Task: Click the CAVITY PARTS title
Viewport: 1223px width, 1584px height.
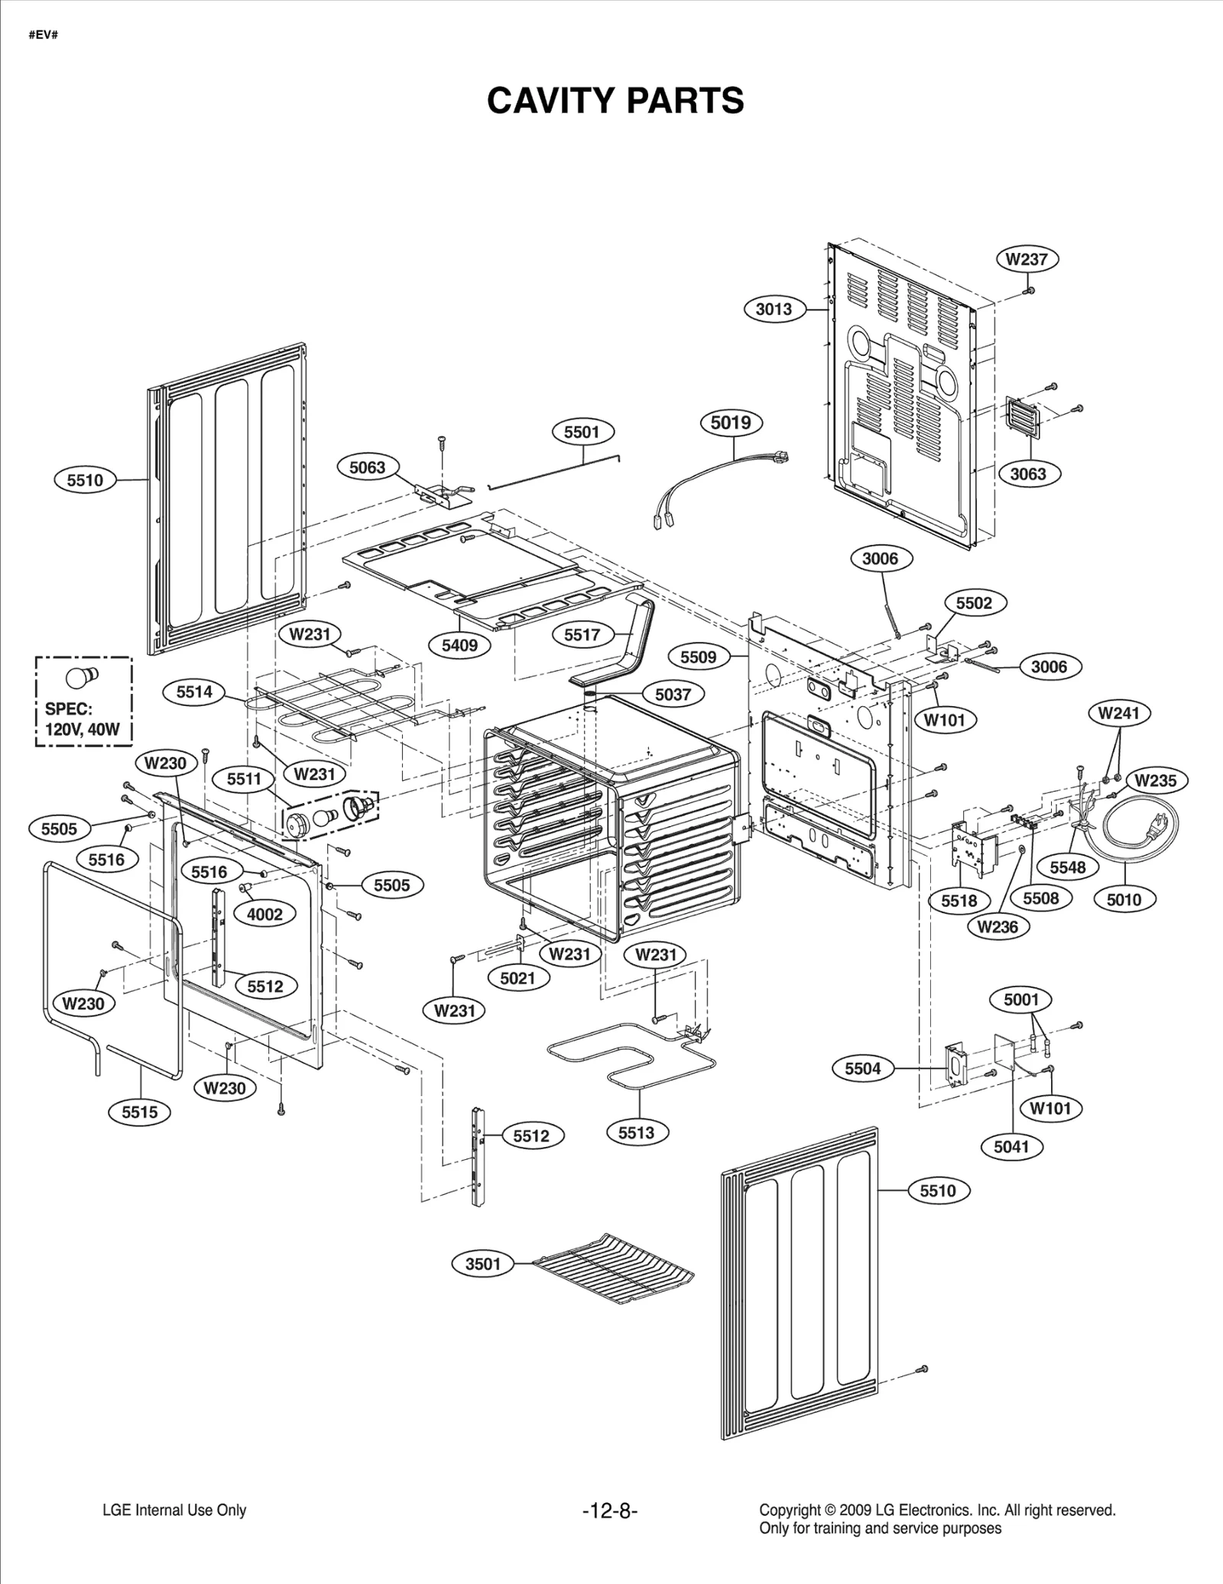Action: click(615, 101)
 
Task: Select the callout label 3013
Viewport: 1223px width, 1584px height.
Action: click(774, 309)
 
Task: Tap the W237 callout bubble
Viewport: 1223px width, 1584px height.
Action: click(1027, 259)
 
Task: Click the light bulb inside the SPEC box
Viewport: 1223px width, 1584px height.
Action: click(81, 677)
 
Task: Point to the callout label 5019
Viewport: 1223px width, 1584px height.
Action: click(731, 423)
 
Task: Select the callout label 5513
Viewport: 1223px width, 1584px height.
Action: click(637, 1132)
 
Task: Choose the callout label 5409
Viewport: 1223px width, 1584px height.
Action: click(459, 645)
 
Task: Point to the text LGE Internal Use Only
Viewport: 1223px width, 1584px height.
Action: click(174, 1510)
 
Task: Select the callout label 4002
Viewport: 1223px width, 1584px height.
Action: click(264, 915)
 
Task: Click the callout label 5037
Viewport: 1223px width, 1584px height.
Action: click(673, 695)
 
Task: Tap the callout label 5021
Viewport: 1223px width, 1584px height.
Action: click(517, 978)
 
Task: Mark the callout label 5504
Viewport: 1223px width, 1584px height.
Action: click(863, 1068)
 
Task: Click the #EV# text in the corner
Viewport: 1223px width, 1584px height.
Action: click(44, 35)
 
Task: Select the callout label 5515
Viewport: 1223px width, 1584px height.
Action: click(140, 1112)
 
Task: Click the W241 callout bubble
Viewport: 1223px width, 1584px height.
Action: click(1118, 714)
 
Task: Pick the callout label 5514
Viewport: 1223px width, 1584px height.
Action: click(194, 692)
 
